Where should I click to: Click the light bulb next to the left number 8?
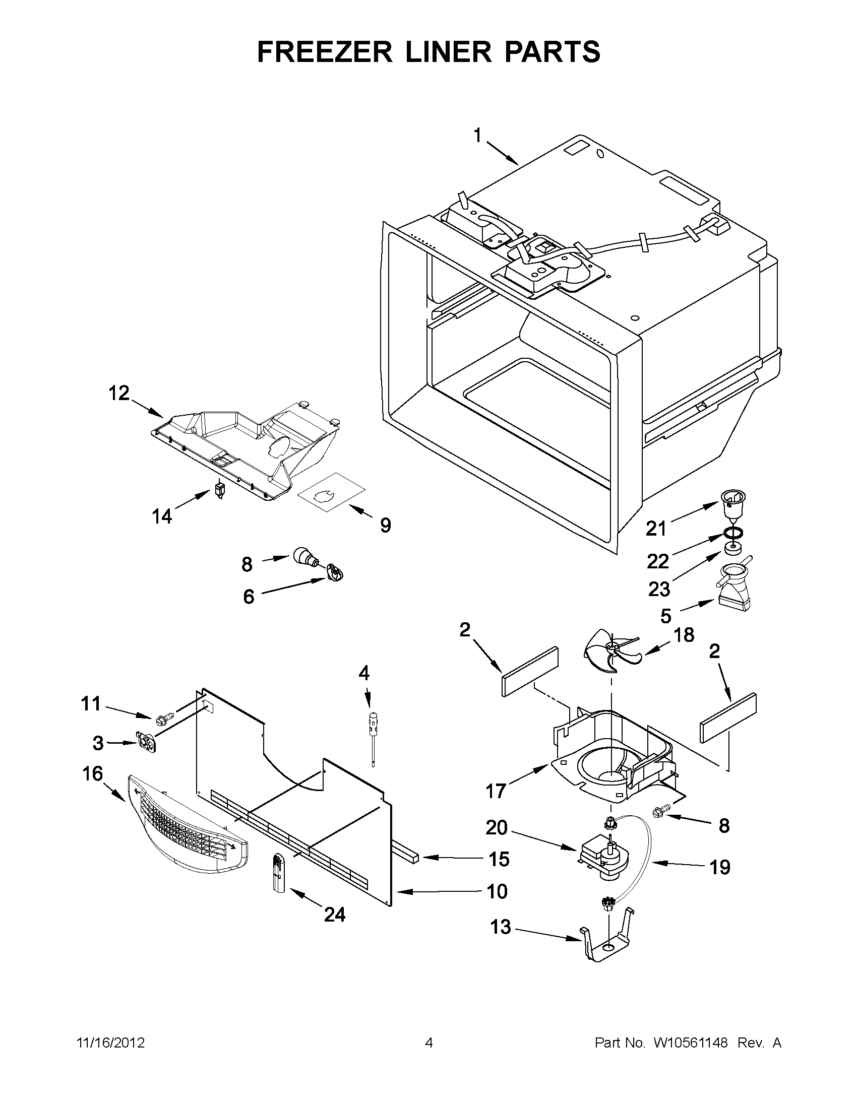click(x=305, y=557)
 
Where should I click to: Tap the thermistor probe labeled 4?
click(x=374, y=734)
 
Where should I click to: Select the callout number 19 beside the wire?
click(x=720, y=867)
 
